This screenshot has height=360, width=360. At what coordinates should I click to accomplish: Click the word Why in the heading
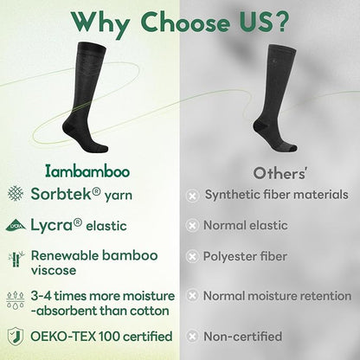[x=100, y=21]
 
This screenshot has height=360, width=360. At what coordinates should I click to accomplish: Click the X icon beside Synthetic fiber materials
[x=192, y=195]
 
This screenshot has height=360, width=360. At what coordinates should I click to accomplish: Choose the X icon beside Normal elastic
[x=192, y=226]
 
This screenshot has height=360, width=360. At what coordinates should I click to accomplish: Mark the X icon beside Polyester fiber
[x=192, y=257]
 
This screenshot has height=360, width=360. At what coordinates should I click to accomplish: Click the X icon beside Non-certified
[x=192, y=336]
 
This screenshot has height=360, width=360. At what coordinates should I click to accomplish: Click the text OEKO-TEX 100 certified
[x=101, y=335]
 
